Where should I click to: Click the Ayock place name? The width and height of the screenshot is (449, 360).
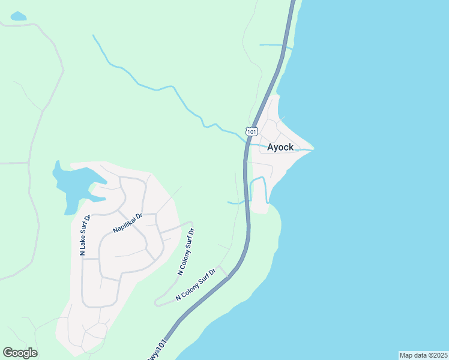(280, 147)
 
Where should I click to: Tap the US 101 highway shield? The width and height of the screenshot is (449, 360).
(252, 131)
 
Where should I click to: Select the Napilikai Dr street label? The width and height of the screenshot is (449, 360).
(127, 223)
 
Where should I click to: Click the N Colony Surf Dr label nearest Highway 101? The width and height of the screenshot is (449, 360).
(196, 289)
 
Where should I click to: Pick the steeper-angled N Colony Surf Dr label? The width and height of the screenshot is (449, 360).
(187, 251)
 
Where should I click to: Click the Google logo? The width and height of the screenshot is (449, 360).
(20, 353)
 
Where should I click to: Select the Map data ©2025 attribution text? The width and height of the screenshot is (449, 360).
(423, 355)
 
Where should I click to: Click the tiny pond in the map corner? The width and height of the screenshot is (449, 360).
(19, 16)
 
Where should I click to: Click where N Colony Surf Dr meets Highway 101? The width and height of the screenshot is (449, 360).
(228, 277)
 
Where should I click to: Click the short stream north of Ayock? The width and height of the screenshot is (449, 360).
(275, 45)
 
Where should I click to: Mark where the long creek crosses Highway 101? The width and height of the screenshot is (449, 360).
(247, 142)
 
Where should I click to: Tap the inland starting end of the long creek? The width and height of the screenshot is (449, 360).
(94, 36)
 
